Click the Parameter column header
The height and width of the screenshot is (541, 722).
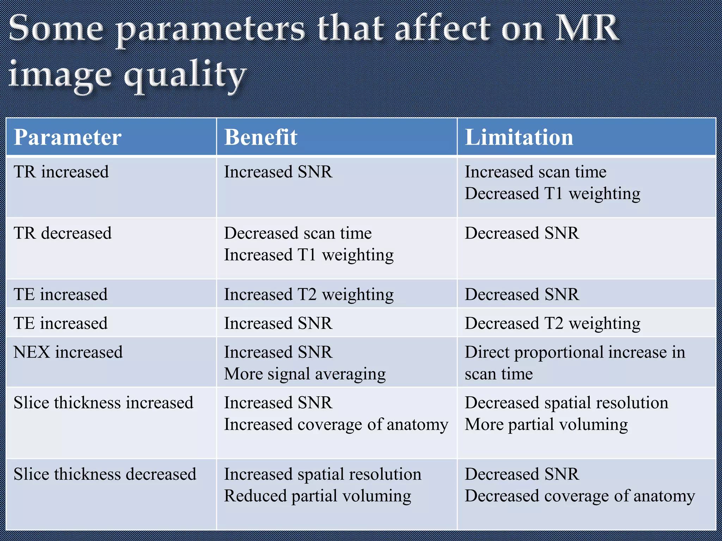coord(67,137)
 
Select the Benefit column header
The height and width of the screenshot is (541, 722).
coord(261,137)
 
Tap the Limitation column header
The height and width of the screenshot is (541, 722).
coord(519,137)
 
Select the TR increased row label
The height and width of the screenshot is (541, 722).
coord(61,172)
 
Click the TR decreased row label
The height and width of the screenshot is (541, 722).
coord(62,233)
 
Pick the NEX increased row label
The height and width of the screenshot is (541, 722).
coord(68,352)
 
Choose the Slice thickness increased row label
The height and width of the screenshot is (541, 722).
coord(103,403)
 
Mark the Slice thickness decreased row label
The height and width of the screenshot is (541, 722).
coord(105,474)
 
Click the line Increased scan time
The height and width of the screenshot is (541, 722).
coord(535,172)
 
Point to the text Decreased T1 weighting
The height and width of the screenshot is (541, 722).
coord(552,194)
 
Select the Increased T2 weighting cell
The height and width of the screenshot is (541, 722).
coord(308,294)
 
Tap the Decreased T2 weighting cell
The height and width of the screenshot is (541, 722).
coord(552,323)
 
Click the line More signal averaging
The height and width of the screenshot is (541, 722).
coord(305,374)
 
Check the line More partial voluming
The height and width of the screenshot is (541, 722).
coord(546,424)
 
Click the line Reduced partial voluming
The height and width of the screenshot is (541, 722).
coord(317,496)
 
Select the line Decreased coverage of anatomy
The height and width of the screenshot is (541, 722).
coord(580,496)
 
